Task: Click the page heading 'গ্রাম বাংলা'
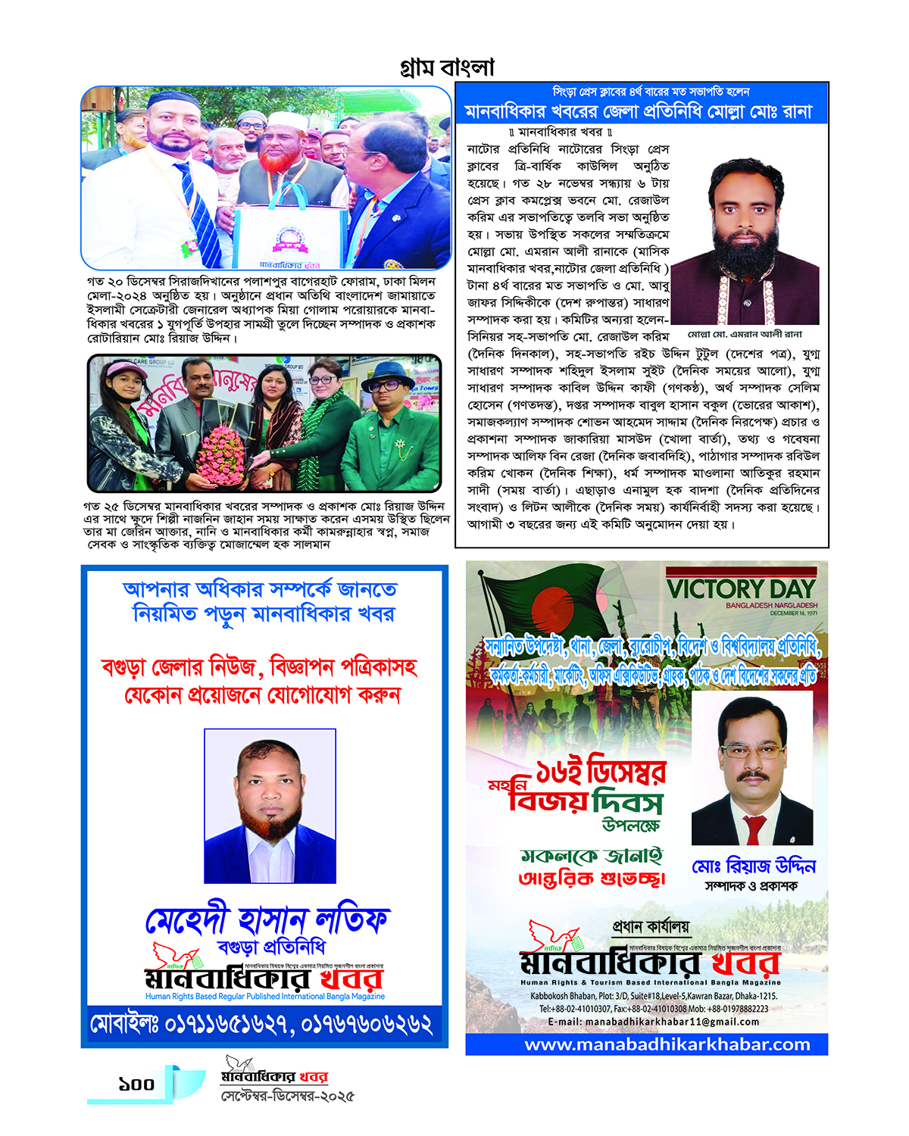447,67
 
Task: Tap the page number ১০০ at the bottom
136,1085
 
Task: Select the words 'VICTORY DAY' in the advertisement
740,588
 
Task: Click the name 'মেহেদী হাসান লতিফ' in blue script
267,920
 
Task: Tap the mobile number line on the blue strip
261,1025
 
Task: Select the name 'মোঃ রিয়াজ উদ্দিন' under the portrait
753,866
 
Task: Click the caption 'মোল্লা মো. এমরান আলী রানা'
745,334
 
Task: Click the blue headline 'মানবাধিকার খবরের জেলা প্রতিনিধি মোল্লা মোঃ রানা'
638,112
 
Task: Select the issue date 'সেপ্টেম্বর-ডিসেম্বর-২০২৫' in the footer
287,1096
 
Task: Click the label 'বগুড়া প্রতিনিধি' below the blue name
271,947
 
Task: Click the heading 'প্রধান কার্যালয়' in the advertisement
651,926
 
